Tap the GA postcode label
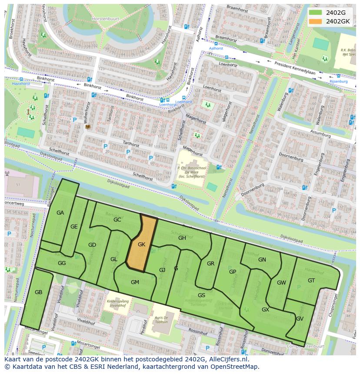[x=60, y=212]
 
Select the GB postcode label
[x=38, y=292]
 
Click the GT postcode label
[x=311, y=280]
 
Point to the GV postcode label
[x=300, y=318]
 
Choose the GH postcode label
[x=182, y=238]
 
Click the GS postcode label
[x=201, y=295]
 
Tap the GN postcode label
[x=262, y=259]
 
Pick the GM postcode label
[x=135, y=282]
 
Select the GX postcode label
[x=265, y=309]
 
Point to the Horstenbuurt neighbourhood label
[x=106, y=19]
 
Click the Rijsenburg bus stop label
[x=338, y=81]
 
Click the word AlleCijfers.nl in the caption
[x=227, y=359]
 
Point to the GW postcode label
[x=281, y=282]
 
